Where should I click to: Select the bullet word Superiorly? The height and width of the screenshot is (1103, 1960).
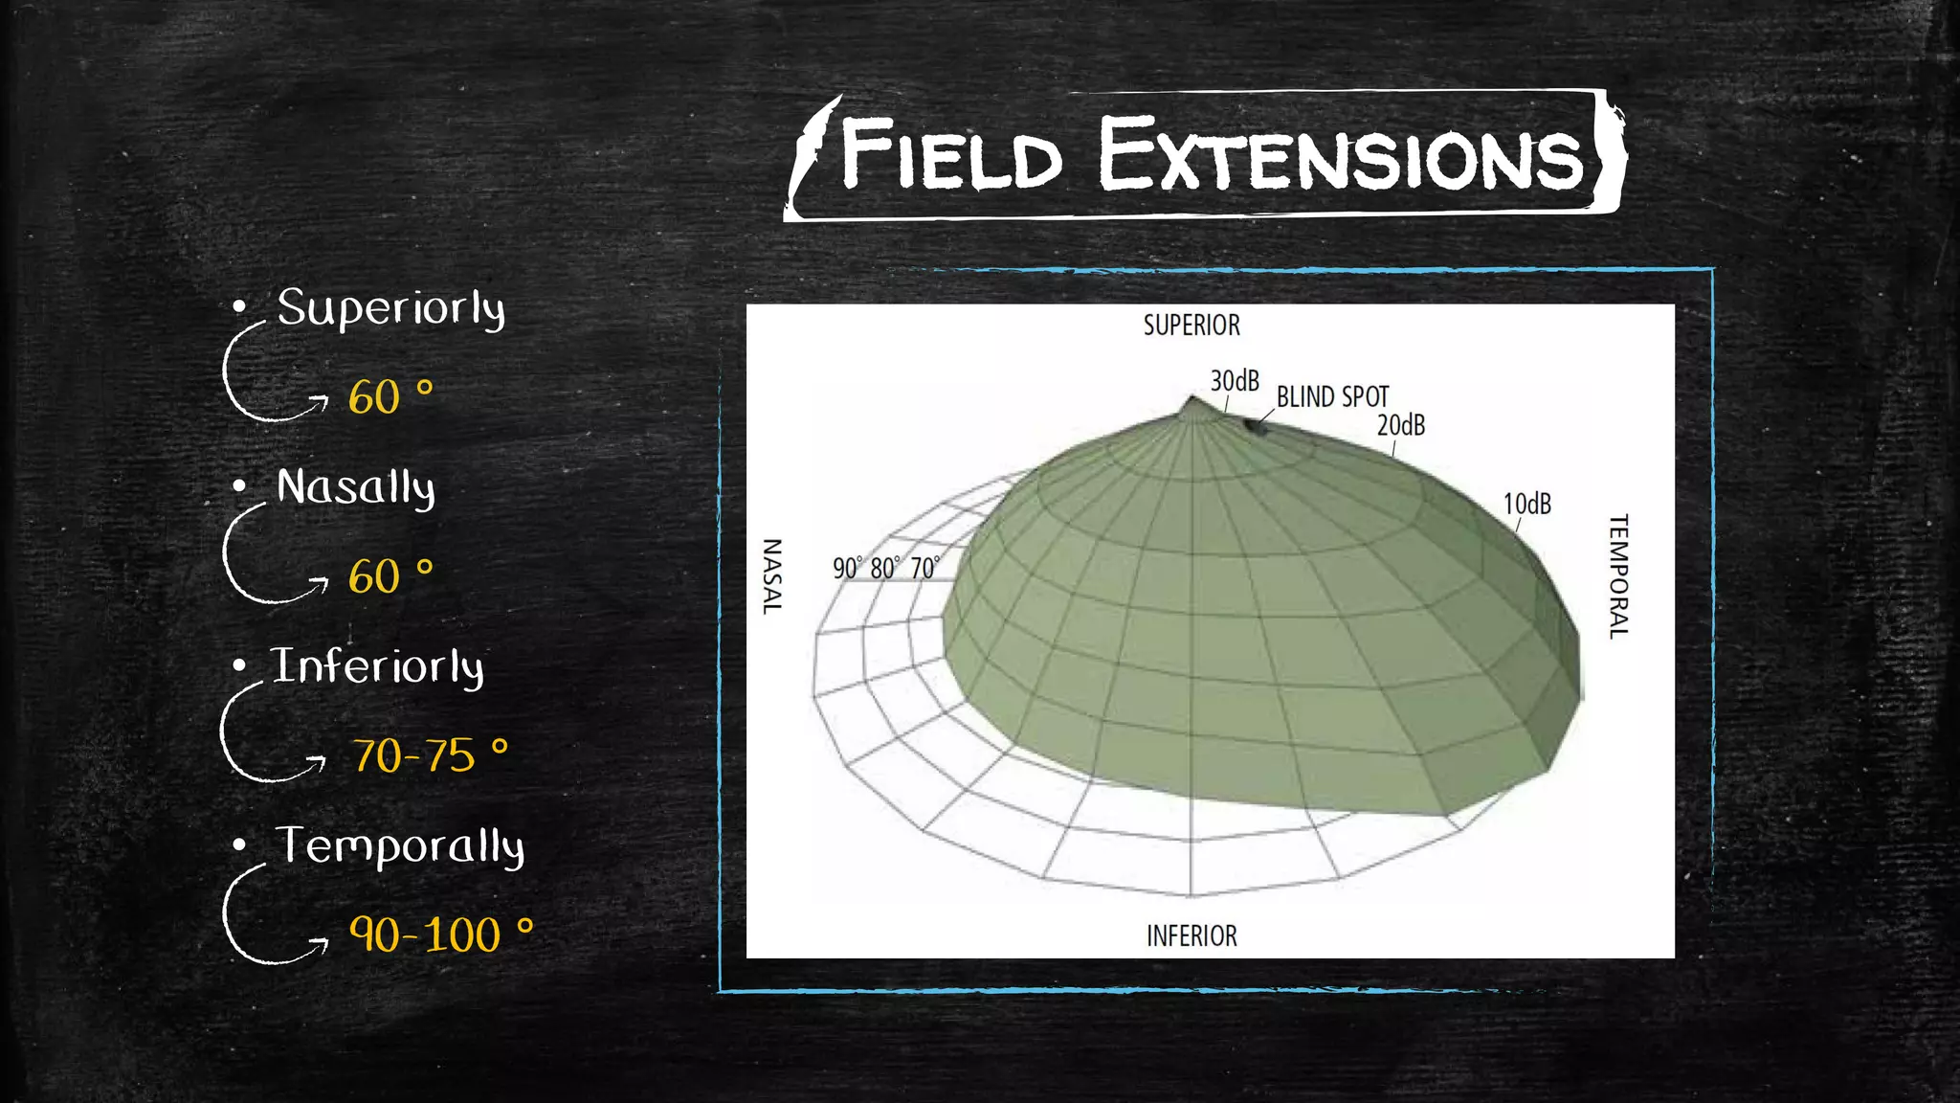click(390, 308)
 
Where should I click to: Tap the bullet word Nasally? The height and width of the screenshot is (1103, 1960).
click(355, 487)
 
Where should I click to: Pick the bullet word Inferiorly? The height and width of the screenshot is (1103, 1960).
click(377, 666)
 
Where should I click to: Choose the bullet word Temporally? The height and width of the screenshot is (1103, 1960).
click(400, 846)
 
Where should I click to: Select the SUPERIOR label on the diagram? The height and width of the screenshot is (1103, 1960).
click(1192, 326)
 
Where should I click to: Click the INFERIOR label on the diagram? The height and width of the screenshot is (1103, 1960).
click(1192, 935)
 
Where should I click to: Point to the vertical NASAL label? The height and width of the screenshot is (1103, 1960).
click(771, 576)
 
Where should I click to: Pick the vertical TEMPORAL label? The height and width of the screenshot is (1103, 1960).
click(1617, 576)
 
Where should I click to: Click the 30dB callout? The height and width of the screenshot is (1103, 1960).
click(1235, 381)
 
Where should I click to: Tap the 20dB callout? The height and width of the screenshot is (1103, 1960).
click(1401, 425)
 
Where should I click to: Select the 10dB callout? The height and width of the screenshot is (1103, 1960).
click(1526, 504)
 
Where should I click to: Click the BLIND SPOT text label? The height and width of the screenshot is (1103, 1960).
click(1332, 396)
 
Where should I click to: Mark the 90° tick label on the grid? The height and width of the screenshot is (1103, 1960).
click(847, 568)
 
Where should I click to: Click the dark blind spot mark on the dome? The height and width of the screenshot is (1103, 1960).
click(1255, 425)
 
